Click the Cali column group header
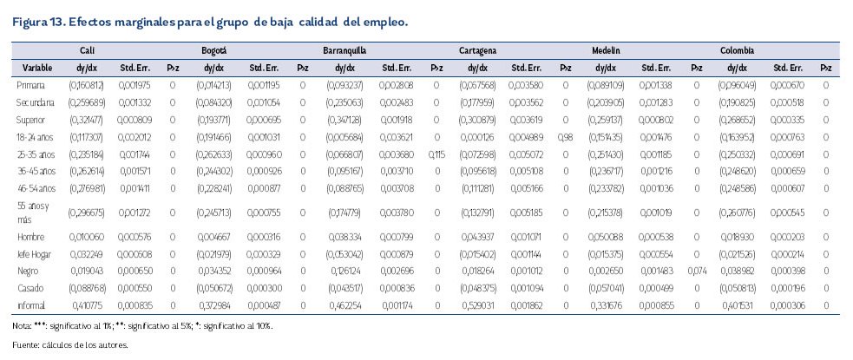pos(87,51)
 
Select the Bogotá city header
pos(214,51)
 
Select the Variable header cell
pos(37,67)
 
